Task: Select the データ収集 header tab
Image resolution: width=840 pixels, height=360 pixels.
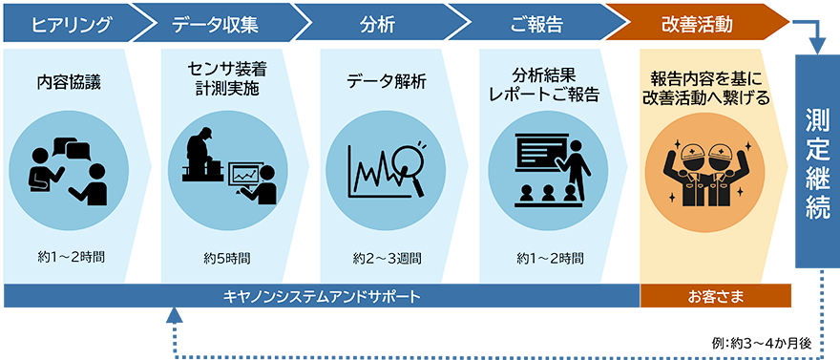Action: coord(216,22)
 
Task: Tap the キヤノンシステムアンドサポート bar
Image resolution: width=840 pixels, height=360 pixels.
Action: coord(321,295)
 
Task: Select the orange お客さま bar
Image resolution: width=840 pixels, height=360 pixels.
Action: coord(715,295)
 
